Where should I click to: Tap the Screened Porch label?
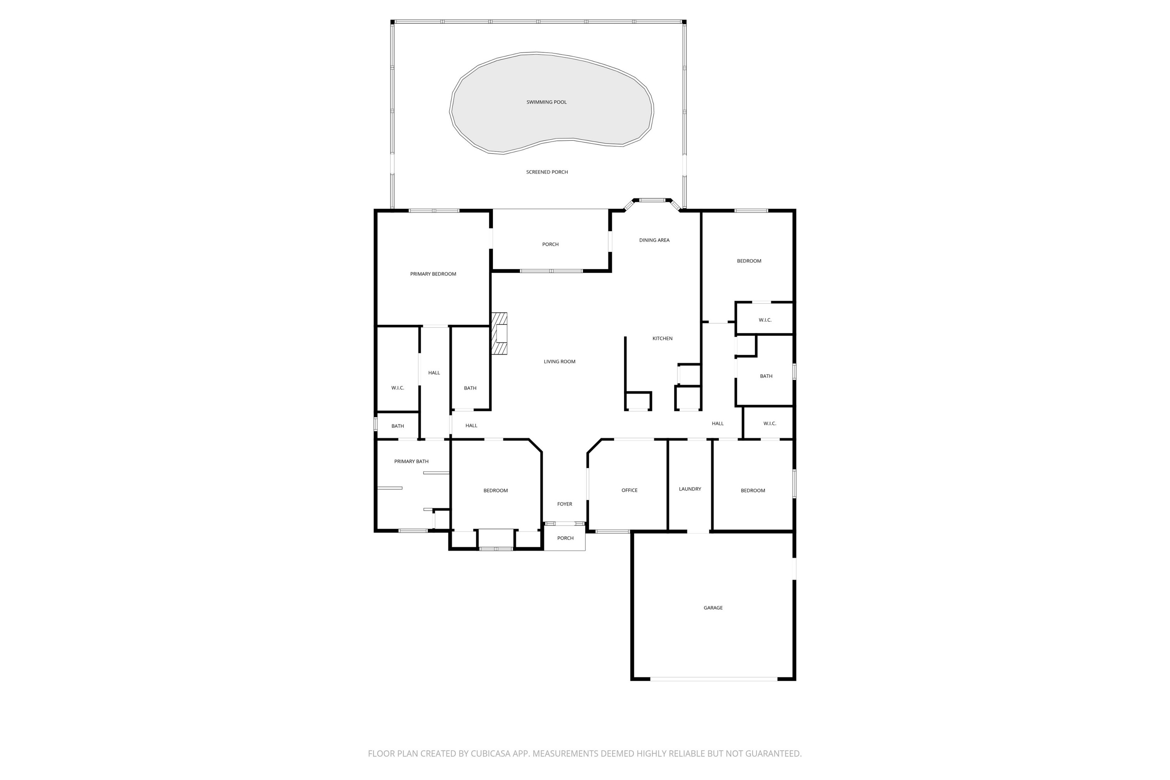[x=547, y=172]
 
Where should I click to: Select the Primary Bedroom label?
[x=433, y=274]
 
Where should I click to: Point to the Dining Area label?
[x=654, y=240]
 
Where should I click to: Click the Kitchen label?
[x=662, y=339]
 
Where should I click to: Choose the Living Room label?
[x=559, y=362]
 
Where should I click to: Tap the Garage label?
[x=713, y=608]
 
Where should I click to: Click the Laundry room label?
[x=690, y=489]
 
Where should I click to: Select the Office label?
[x=629, y=491]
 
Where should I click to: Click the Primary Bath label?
[x=411, y=462]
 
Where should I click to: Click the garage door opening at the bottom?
[x=713, y=679]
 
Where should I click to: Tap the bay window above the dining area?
[x=652, y=200]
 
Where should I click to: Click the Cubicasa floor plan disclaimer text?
[x=585, y=753]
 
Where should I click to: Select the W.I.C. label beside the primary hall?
[x=397, y=388]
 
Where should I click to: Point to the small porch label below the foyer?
[x=565, y=538]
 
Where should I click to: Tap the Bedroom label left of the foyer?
[x=495, y=491]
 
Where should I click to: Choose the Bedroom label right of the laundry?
[x=753, y=491]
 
